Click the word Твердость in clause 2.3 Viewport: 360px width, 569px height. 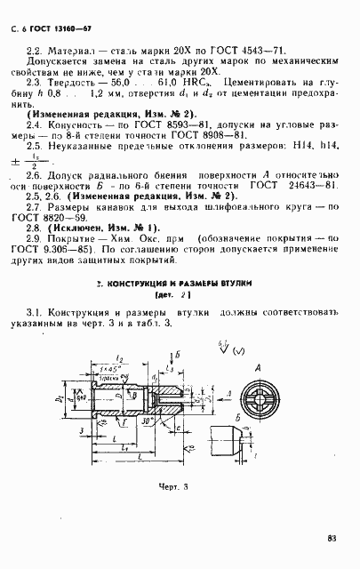click(x=78, y=104)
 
